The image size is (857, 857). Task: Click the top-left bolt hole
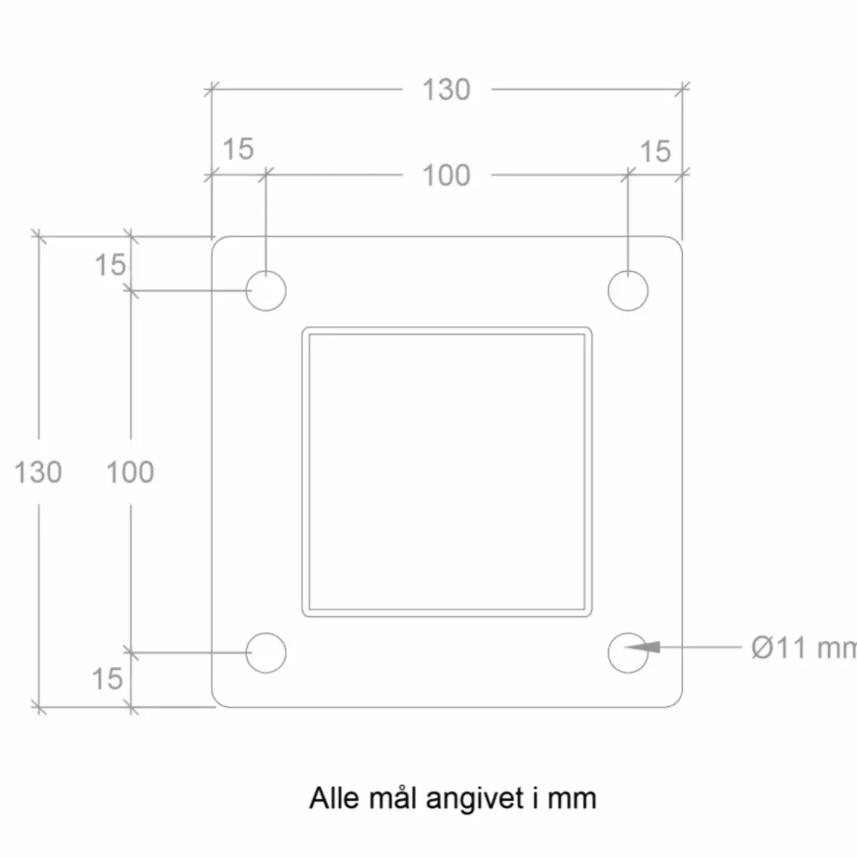click(266, 291)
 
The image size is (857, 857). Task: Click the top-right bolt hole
click(628, 291)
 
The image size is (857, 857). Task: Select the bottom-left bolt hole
click(266, 653)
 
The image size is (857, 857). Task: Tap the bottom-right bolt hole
click(628, 653)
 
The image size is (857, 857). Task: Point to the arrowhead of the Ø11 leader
click(626, 647)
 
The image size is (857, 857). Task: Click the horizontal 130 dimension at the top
click(446, 90)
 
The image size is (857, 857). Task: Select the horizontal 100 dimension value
click(446, 176)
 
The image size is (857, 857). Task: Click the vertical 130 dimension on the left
click(38, 472)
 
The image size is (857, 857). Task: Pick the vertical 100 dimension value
click(130, 472)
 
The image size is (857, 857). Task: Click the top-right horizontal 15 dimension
click(655, 151)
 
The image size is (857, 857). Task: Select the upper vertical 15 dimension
click(110, 265)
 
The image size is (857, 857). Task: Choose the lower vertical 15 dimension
click(107, 679)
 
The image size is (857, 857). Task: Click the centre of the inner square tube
click(447, 472)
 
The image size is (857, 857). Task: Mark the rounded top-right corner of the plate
click(677, 241)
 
